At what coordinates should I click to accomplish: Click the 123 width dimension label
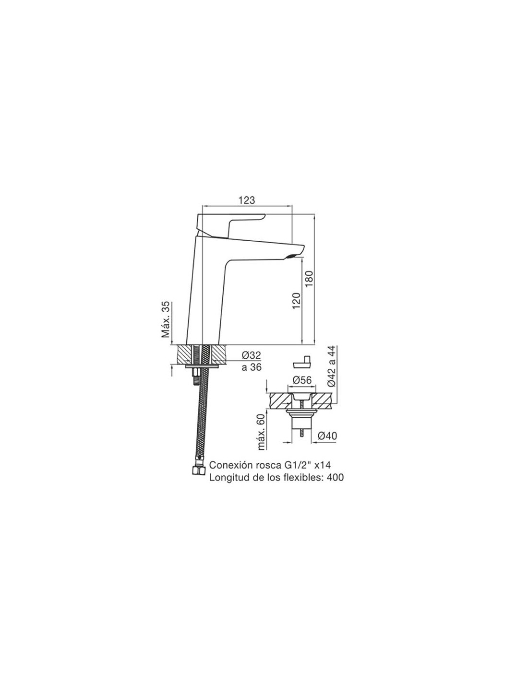247,200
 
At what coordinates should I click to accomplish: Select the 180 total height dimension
309,279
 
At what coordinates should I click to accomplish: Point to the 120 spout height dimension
296,300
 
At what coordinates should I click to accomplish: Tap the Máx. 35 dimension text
166,319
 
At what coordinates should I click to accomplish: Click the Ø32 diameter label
251,355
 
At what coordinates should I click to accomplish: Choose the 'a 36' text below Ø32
251,367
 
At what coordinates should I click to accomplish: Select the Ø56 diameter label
302,380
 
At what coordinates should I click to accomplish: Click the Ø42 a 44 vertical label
332,366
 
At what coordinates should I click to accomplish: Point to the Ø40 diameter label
327,435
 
